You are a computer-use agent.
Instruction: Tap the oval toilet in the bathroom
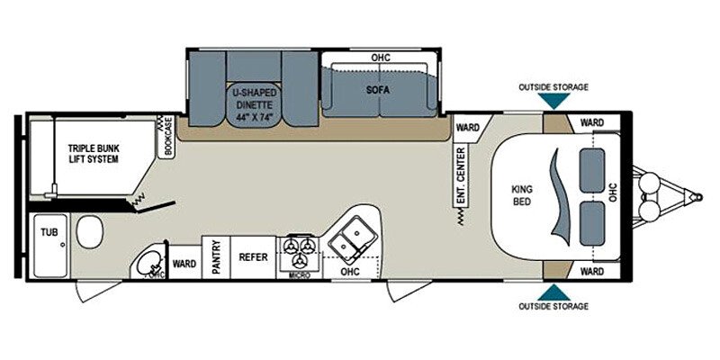88,235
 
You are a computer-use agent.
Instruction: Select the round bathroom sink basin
148,263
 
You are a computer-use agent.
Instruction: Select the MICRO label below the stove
299,275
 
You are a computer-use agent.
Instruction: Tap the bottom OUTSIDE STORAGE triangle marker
553,291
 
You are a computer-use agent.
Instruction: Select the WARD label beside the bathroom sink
184,265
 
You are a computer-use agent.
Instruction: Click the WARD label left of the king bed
466,127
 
